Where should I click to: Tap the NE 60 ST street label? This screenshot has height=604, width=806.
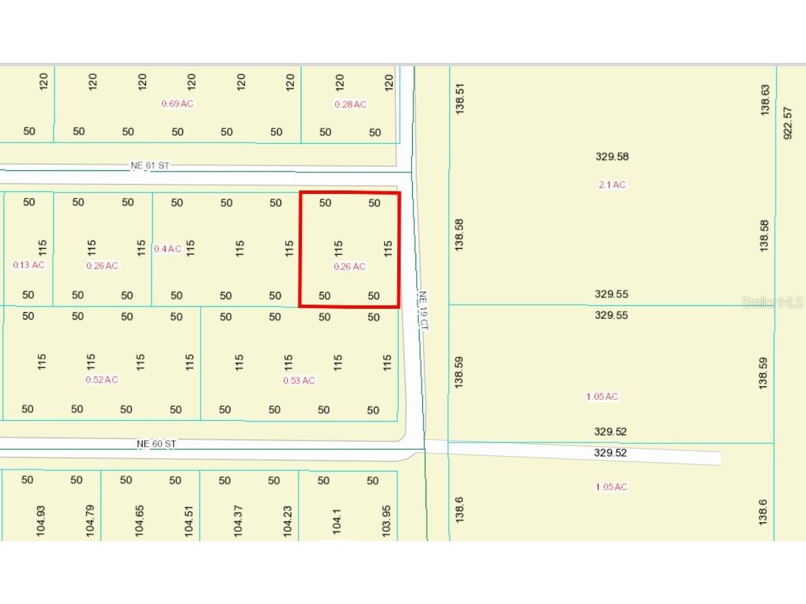[x=156, y=444]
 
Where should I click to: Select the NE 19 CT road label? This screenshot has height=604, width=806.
[x=424, y=310]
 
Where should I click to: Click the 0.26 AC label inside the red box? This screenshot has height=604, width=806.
[x=350, y=267]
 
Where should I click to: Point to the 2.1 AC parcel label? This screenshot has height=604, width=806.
[x=612, y=185]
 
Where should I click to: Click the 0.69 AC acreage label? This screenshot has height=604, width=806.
[x=178, y=104]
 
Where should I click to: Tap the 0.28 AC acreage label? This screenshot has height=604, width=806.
[x=351, y=104]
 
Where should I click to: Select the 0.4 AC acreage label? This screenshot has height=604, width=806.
[x=168, y=249]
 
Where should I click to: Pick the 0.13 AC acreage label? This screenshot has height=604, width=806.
[x=29, y=265]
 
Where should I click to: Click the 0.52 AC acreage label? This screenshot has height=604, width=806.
[x=102, y=380]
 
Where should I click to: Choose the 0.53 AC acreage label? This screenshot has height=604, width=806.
[x=299, y=380]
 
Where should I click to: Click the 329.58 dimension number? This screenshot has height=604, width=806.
[x=612, y=157]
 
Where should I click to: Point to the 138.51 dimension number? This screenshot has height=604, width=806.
[x=460, y=97]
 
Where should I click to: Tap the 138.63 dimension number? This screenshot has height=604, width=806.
[x=765, y=99]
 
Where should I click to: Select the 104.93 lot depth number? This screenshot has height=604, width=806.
[x=41, y=521]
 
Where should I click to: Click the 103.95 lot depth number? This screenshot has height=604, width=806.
[x=386, y=521]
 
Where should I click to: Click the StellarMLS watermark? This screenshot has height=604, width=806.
[x=772, y=303]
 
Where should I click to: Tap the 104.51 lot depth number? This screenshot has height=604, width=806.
[x=189, y=521]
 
